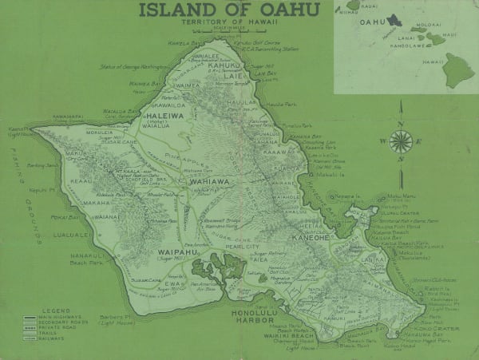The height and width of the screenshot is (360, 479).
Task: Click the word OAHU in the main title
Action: click(x=280, y=10)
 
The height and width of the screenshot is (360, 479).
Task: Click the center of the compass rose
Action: click(x=401, y=142)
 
